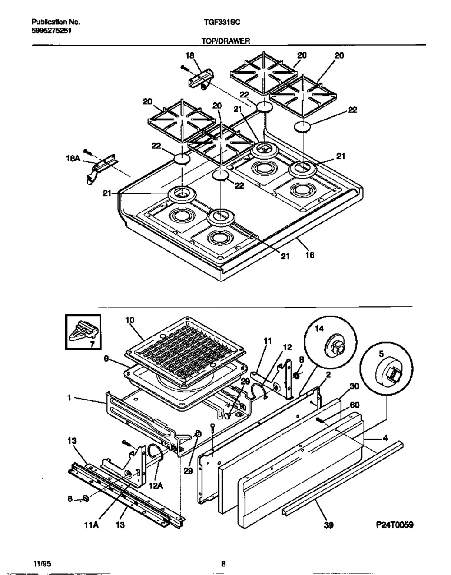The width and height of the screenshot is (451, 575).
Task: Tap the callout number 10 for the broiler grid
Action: [x=130, y=320]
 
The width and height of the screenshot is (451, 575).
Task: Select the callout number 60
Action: [x=354, y=405]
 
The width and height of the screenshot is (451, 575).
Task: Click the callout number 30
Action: [x=354, y=386]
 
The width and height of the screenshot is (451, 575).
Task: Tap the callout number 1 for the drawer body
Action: [x=69, y=398]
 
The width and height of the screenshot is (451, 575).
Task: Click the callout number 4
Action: [x=385, y=438]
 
